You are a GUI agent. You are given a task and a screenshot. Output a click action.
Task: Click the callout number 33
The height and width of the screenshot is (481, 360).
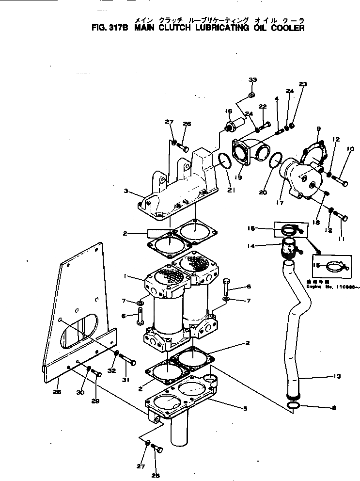click(252, 80)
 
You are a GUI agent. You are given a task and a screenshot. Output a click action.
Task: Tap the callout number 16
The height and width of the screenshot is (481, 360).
click(228, 112)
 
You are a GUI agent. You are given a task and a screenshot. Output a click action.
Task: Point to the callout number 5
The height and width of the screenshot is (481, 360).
click(245, 409)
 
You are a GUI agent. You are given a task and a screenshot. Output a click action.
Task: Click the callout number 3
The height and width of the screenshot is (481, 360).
click(126, 192)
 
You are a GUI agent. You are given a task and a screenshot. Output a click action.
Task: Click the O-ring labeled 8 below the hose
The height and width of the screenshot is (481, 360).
click(292, 405)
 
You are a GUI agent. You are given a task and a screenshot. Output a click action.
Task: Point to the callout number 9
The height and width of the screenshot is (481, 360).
click(318, 128)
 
